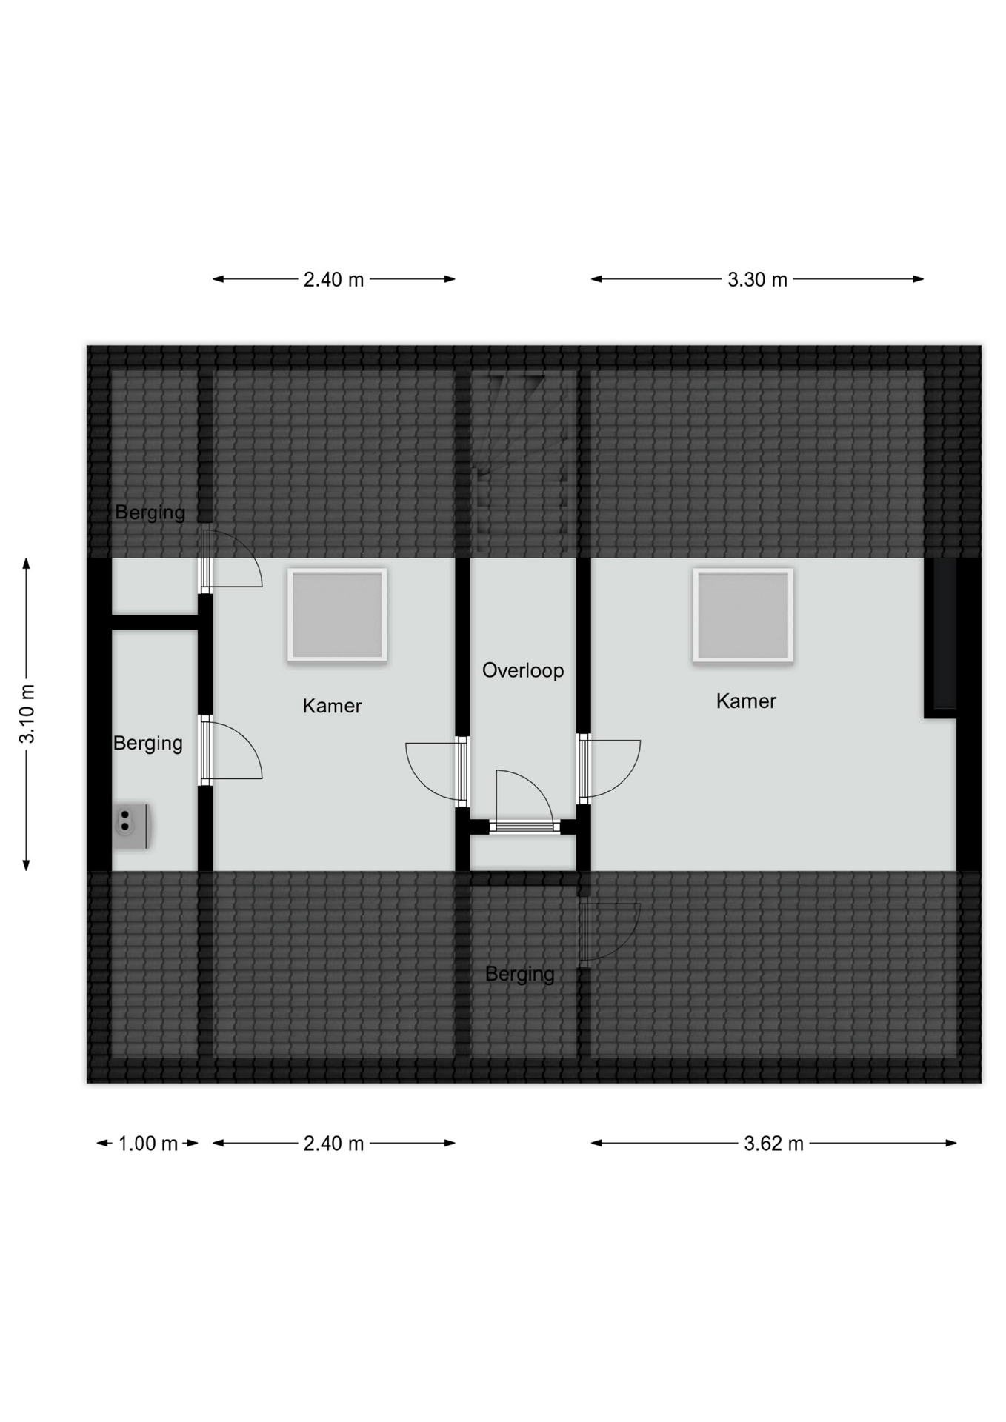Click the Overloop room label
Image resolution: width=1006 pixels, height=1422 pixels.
(523, 670)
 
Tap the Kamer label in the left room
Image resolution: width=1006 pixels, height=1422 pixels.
(332, 706)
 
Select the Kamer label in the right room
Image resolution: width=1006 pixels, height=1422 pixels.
(746, 701)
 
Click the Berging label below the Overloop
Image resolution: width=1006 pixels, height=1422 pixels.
(519, 974)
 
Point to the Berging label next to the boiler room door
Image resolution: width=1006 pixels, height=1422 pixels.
(147, 744)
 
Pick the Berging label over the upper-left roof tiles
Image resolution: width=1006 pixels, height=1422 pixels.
(150, 513)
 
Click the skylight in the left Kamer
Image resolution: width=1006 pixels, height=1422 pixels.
(337, 615)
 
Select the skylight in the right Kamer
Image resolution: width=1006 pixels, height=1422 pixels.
(743, 615)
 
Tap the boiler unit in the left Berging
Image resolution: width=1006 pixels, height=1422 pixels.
(132, 827)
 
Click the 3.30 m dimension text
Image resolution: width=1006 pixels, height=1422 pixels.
(757, 280)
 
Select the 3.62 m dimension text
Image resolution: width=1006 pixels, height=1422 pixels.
(773, 1144)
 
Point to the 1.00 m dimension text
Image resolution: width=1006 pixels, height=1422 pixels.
(148, 1144)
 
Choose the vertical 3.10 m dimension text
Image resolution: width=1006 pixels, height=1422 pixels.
(27, 714)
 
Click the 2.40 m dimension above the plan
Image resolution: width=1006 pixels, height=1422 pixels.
(333, 280)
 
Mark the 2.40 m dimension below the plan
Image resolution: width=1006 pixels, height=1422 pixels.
(333, 1144)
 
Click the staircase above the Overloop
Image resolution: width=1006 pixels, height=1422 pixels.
(523, 463)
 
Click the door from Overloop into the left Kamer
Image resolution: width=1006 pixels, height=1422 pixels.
(436, 771)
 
